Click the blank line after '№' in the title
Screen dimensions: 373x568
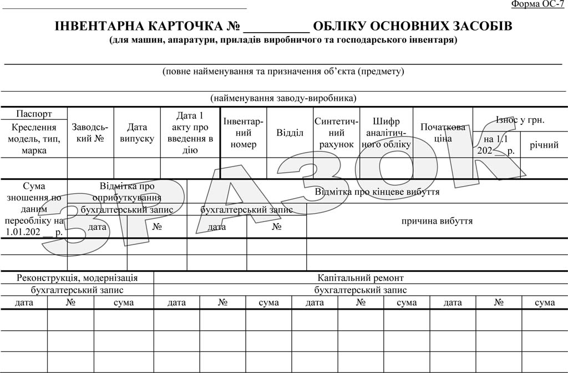coord(276,28)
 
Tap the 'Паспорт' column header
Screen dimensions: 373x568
coord(34,114)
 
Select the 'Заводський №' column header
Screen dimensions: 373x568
coord(91,133)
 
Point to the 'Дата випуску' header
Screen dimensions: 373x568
coord(137,133)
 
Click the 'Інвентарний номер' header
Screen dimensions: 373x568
coord(243,133)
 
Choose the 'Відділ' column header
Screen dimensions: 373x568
coord(290,133)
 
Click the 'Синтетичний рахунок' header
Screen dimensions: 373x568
coord(336,133)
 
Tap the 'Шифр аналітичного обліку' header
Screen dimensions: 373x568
coord(386,133)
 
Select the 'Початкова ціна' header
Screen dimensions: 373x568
coord(443,133)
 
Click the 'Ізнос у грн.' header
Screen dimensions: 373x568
coord(520,120)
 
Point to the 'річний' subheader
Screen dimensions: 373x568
coord(544,145)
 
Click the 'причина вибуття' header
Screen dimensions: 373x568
coord(437,221)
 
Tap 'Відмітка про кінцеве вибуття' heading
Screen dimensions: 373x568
coord(377,192)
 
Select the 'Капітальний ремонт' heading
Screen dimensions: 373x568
coord(361,278)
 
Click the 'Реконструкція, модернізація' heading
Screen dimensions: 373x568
coord(77,278)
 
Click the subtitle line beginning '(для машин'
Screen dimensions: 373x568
coord(283,40)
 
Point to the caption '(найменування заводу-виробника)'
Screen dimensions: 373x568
coord(283,98)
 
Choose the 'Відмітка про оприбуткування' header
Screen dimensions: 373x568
coord(127,191)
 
